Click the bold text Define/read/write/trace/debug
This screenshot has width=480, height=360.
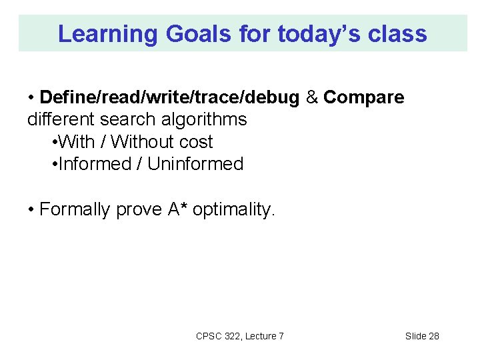pos(169,97)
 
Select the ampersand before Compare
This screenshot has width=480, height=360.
pos(311,97)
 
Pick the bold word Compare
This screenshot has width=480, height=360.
pos(363,97)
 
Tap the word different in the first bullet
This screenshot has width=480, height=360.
pos(61,119)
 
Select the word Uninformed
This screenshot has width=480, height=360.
pos(195,163)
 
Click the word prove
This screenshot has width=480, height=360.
pos(139,209)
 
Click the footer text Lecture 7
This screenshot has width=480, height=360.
pos(265,336)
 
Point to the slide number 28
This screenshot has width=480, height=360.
pos(433,336)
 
